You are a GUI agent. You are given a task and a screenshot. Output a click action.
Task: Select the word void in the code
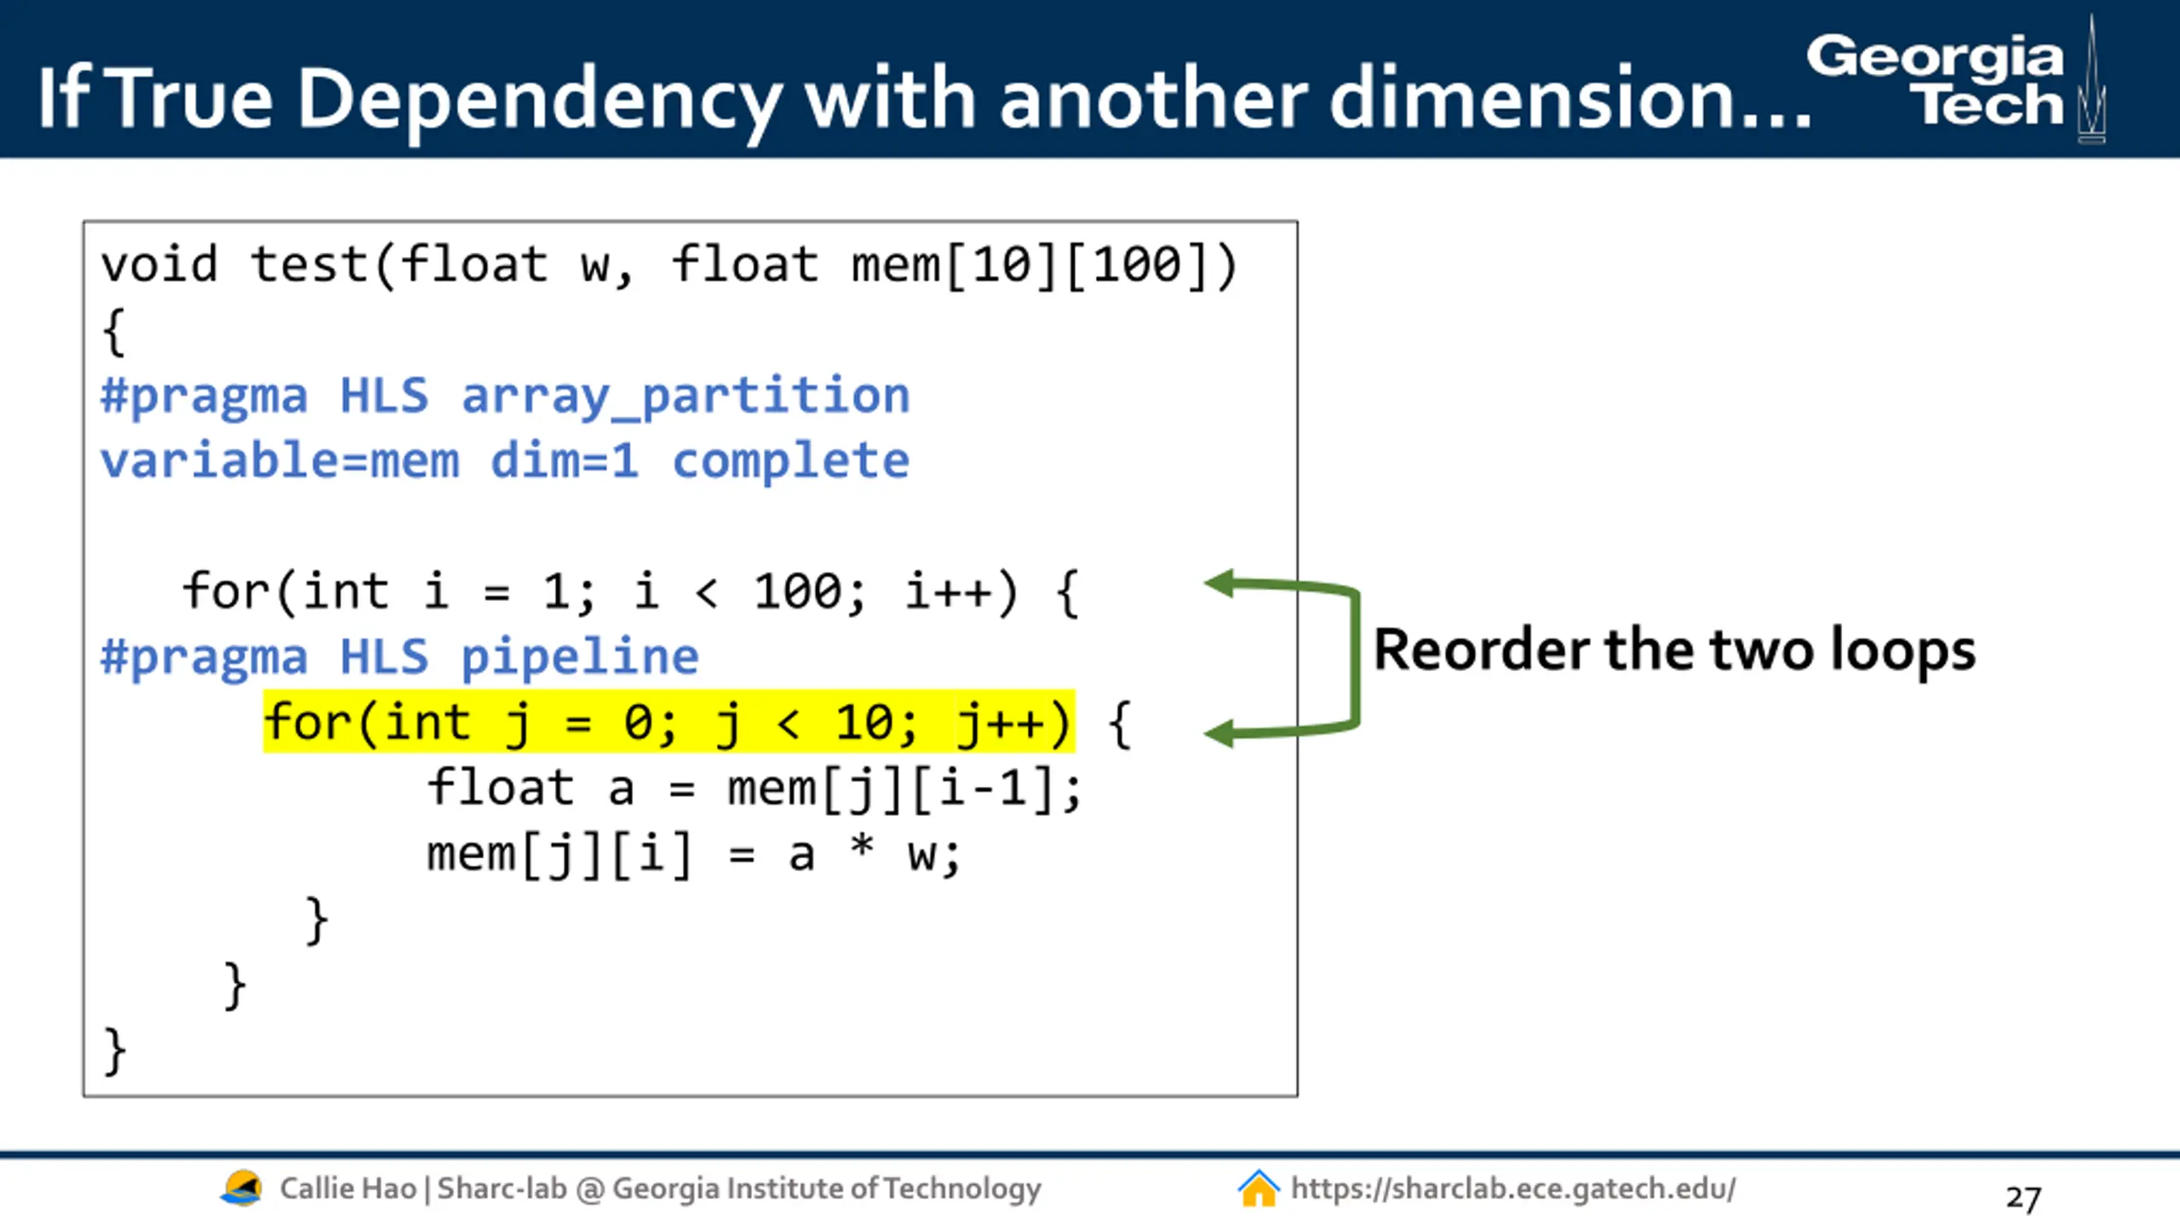point(159,264)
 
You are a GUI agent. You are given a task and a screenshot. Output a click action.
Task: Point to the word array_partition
point(686,396)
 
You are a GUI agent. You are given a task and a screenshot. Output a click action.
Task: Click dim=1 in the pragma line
point(564,461)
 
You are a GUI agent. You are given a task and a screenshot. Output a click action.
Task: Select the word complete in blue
point(790,461)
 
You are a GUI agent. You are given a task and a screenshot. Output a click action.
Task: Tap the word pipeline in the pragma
point(579,656)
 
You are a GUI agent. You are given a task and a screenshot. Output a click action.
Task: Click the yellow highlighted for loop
point(668,722)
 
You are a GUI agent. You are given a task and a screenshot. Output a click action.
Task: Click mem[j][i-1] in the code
point(903,788)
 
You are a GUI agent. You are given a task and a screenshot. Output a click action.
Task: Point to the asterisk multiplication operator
point(862,848)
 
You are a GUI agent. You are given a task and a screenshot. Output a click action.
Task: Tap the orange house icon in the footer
point(1258,1189)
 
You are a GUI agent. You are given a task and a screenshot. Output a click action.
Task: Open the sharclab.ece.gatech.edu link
point(1512,1189)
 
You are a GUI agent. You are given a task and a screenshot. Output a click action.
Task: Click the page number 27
point(2023,1198)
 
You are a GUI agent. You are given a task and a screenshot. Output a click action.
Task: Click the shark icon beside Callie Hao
point(241,1189)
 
